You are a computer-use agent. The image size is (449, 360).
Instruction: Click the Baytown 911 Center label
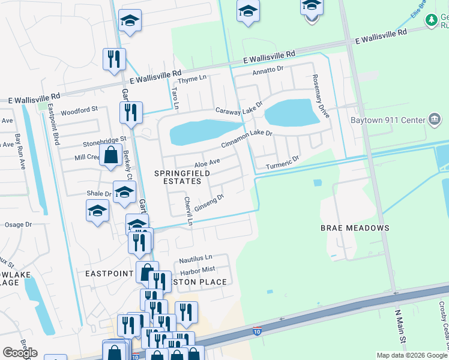(387, 119)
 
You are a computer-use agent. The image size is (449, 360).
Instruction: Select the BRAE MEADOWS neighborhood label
(354, 228)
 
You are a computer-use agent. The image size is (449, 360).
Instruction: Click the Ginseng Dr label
(210, 197)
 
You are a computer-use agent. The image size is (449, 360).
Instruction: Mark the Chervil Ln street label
(188, 211)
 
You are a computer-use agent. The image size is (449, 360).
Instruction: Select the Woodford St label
(79, 110)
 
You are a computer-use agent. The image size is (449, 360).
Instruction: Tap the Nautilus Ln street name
(196, 260)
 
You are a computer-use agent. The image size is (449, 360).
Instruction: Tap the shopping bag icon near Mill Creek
(111, 155)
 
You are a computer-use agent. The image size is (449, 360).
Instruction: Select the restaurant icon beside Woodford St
(130, 112)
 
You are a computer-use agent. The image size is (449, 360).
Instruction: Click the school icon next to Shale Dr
(124, 193)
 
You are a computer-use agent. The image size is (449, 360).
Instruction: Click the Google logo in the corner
(20, 353)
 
